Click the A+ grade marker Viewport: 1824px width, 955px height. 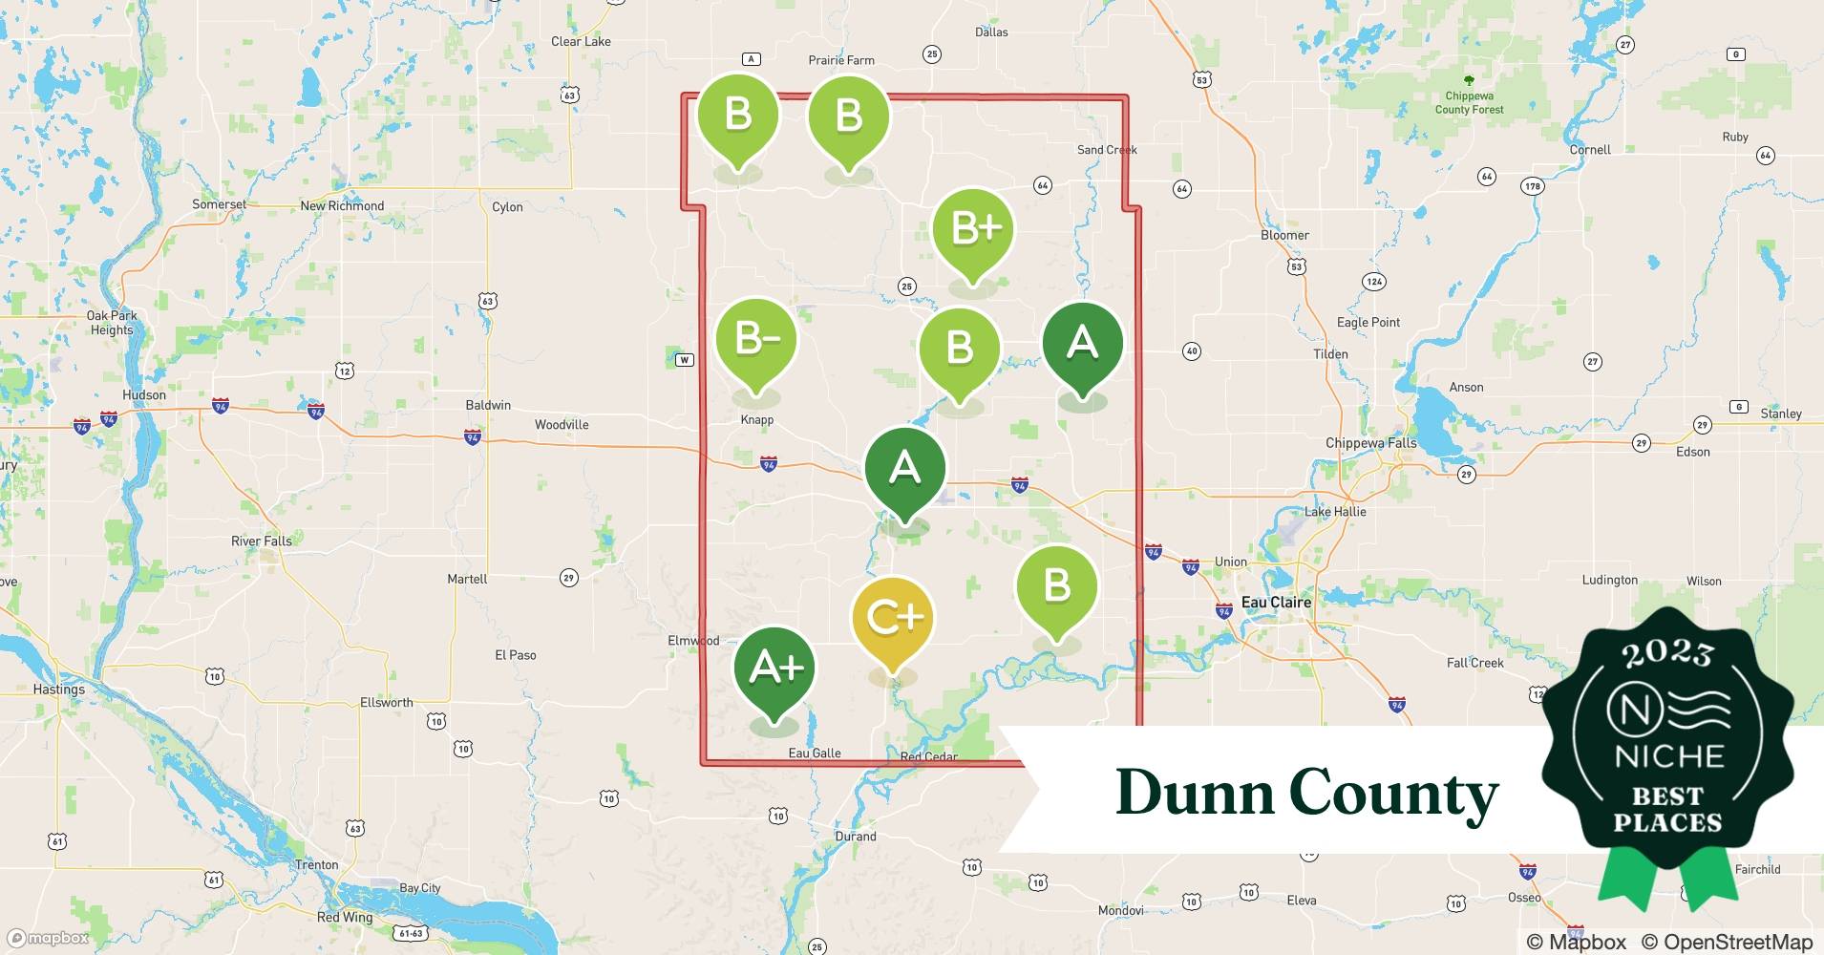point(774,668)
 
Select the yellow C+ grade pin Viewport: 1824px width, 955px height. point(893,619)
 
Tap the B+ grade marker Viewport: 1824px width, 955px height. point(973,230)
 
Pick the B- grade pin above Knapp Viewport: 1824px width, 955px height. point(756,340)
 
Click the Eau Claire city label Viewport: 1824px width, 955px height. point(1276,603)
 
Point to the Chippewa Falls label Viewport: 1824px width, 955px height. point(1370,443)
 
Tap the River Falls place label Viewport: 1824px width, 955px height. point(262,541)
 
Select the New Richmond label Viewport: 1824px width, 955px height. point(342,206)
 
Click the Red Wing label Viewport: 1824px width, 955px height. point(345,918)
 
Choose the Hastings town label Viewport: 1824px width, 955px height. point(59,690)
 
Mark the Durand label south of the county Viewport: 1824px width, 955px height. point(856,837)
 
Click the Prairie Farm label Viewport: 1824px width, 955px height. point(841,60)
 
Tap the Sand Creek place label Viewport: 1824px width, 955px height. point(1107,150)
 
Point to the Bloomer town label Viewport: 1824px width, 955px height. point(1284,236)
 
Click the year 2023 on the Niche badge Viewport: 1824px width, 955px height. point(1667,653)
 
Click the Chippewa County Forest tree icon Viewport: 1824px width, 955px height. point(1469,81)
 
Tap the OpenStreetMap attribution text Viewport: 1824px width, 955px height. point(1727,942)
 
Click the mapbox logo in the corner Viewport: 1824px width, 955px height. point(48,939)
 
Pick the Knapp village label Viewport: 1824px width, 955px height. point(757,420)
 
